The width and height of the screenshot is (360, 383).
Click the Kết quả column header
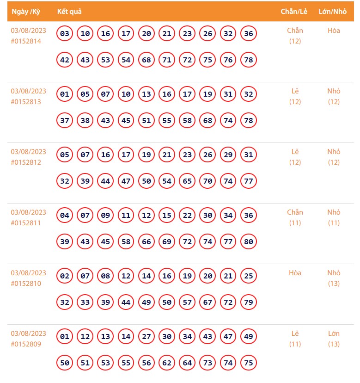coord(69,12)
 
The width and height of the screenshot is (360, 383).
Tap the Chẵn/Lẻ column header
coord(294,12)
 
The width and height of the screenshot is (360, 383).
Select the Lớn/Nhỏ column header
coord(333,12)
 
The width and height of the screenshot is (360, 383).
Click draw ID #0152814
coord(26,41)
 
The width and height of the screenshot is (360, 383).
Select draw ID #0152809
coord(26,344)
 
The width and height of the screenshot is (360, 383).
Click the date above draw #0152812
coord(29,152)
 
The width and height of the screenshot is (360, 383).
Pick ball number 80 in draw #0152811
coord(249,241)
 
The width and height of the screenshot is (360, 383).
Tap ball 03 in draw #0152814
coord(65,33)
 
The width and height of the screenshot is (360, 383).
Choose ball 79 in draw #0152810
coord(249,302)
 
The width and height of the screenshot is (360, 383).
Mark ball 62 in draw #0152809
coord(167,363)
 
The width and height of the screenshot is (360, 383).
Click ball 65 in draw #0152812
coord(187,181)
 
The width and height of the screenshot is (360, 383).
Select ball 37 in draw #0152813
coord(65,120)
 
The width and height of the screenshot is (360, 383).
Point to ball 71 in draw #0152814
coord(167,60)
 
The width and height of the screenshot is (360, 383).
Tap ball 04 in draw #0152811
coord(65,215)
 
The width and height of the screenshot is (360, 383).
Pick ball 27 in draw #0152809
coord(146,336)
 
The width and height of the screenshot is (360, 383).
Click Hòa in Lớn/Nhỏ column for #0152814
coord(334,31)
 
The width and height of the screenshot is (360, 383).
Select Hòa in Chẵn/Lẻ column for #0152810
coord(295,273)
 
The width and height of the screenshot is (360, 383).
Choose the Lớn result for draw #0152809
coord(334,334)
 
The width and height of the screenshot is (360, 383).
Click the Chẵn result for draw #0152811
coord(295,212)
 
